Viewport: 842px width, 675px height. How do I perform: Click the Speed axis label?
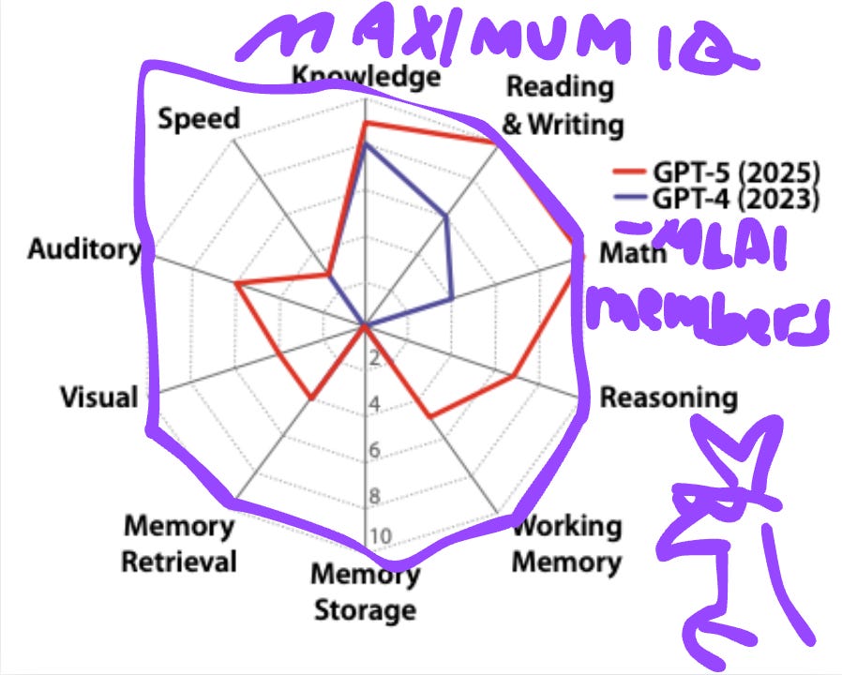click(199, 120)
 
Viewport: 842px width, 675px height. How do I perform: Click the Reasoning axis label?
click(668, 397)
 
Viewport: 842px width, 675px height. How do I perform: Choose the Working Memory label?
click(566, 544)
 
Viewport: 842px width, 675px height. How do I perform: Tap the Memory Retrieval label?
click(179, 544)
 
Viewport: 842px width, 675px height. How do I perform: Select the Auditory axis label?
click(83, 249)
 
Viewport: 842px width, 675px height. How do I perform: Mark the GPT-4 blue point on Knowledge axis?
click(366, 144)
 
